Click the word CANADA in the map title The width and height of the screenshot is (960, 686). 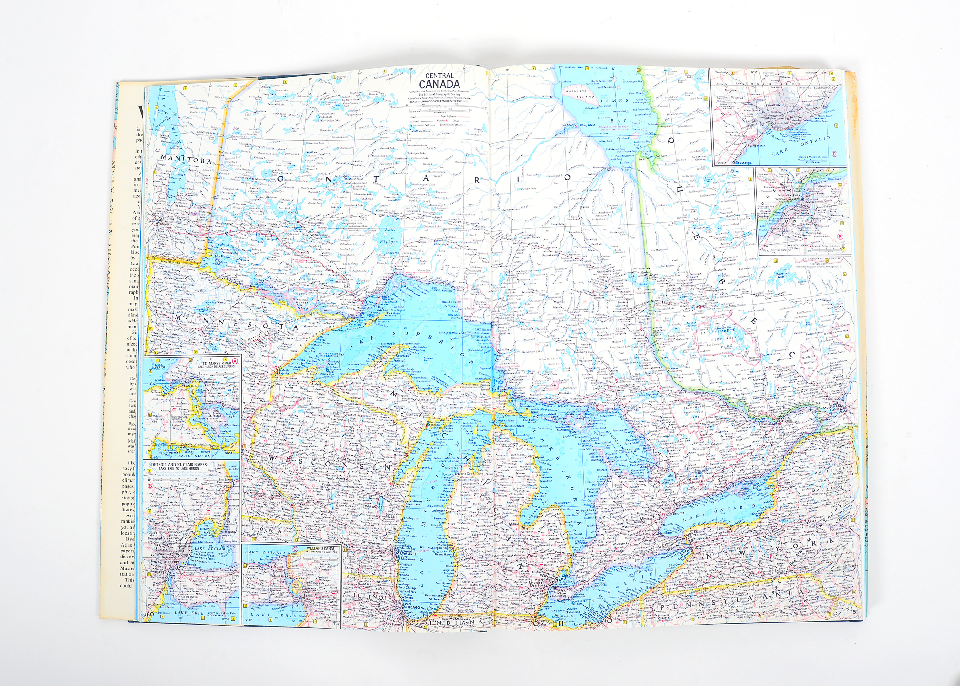click(439, 84)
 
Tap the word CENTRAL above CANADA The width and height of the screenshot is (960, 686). click(439, 75)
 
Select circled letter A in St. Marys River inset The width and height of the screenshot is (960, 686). click(235, 360)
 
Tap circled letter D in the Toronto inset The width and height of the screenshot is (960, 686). click(834, 154)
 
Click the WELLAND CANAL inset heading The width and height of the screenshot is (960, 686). click(320, 548)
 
